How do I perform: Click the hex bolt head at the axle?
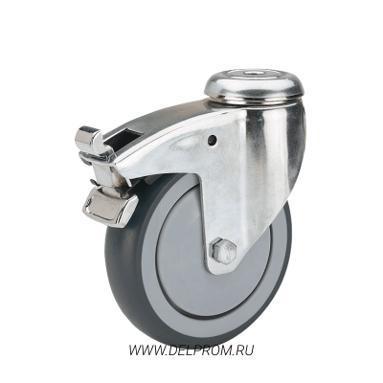(223, 251)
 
